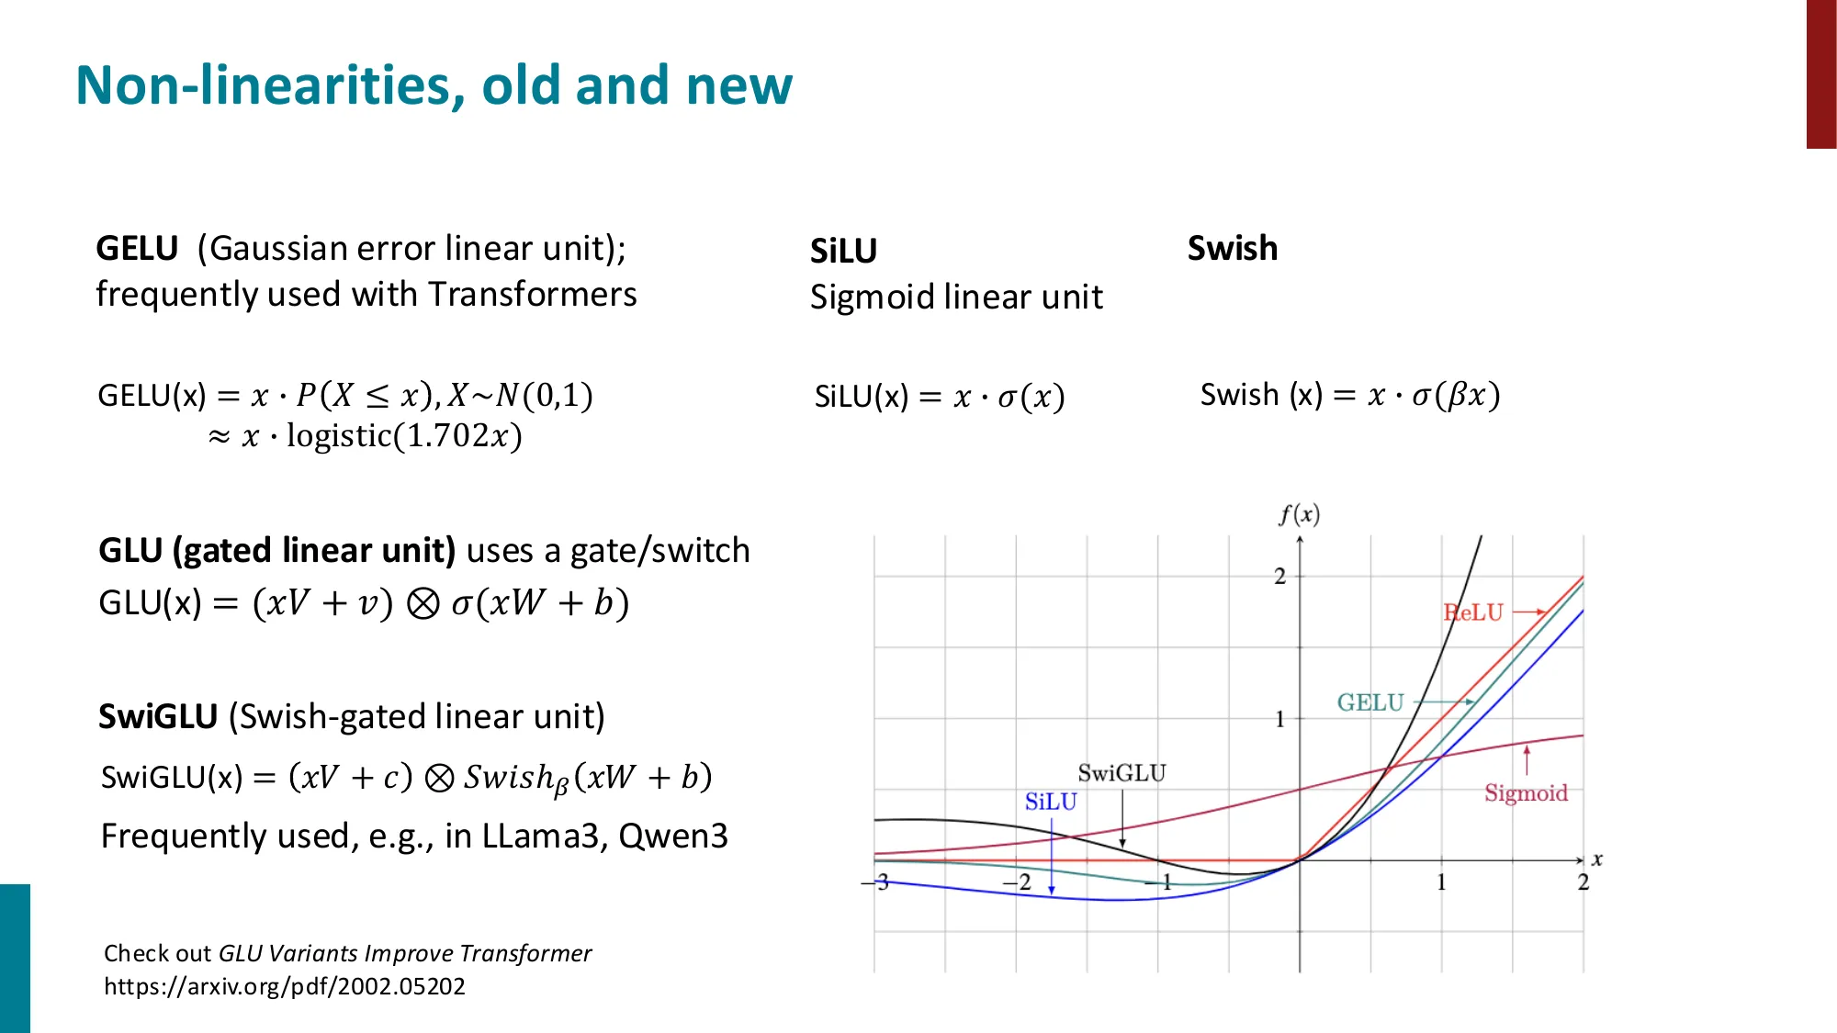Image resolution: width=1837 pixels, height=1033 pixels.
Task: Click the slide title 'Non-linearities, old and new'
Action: click(x=433, y=85)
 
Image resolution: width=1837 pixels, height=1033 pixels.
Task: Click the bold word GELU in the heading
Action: click(x=137, y=249)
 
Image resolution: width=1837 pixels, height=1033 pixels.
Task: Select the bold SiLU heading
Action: click(x=843, y=251)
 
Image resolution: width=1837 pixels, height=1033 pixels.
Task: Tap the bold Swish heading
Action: click(x=1232, y=248)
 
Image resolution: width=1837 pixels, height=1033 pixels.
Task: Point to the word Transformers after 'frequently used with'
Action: click(x=532, y=295)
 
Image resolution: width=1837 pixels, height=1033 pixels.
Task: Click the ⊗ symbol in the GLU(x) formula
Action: click(x=423, y=603)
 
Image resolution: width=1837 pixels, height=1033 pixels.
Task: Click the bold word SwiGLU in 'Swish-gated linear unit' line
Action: click(x=158, y=716)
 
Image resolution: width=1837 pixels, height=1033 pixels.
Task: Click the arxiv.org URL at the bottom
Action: click(x=284, y=986)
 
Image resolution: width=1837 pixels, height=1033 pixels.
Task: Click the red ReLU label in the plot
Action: click(x=1473, y=612)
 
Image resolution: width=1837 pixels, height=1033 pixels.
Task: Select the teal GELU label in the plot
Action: click(x=1369, y=702)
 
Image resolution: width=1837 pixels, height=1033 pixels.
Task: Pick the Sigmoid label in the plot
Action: click(x=1526, y=792)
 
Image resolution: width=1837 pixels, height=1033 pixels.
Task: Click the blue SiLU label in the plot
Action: click(x=1050, y=802)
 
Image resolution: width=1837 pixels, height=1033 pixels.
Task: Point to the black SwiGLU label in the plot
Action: click(x=1121, y=773)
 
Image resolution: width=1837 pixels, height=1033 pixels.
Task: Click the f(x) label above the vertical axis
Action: click(x=1299, y=514)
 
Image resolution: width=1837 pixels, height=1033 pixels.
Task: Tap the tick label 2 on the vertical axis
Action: click(x=1279, y=576)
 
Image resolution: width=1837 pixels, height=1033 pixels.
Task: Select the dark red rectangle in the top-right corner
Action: click(x=1820, y=73)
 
